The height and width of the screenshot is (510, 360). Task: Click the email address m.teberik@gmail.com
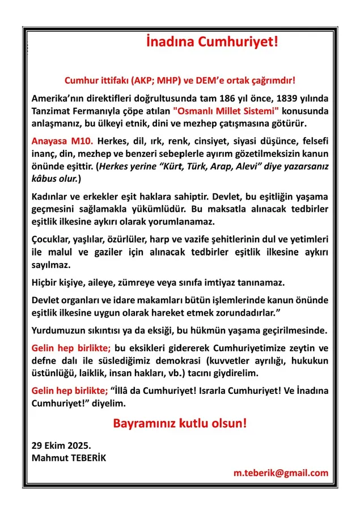(x=281, y=473)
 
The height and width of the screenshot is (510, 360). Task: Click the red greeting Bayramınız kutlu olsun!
(x=180, y=423)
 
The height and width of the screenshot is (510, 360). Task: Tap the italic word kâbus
(x=45, y=178)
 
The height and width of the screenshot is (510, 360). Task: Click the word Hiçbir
(x=46, y=282)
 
